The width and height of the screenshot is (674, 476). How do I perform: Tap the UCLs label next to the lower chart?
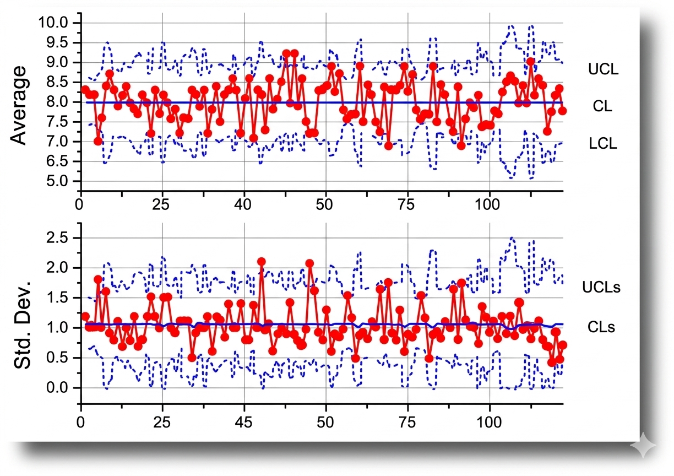[x=601, y=287]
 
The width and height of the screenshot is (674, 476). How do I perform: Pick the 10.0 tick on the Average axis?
[x=54, y=23]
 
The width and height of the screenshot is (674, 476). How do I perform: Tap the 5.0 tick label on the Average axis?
[x=57, y=181]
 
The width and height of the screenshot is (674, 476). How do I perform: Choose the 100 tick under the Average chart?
[x=490, y=202]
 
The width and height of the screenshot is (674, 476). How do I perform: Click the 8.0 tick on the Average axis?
[x=57, y=102]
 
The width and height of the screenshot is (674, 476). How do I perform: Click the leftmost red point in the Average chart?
[x=85, y=89]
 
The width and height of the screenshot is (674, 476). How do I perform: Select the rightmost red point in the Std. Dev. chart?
[x=562, y=345]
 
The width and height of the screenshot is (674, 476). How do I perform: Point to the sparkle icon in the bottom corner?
[x=643, y=445]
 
